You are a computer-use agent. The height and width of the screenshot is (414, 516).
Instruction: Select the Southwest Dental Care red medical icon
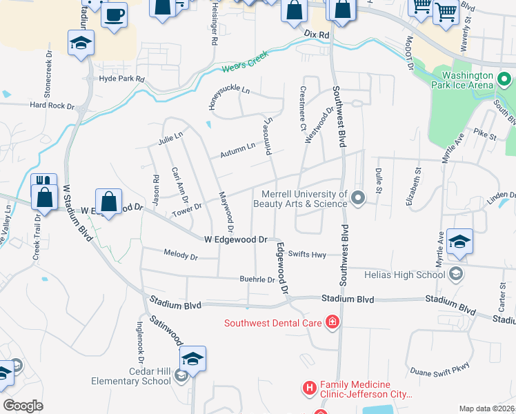click(332, 322)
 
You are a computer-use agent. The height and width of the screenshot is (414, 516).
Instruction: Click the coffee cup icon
click(115, 14)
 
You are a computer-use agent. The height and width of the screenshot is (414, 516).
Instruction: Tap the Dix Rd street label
click(317, 33)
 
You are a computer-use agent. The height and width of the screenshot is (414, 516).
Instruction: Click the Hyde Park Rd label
click(121, 79)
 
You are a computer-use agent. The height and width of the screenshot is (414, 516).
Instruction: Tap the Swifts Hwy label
click(307, 254)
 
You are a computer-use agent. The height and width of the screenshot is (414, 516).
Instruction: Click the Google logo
click(23, 406)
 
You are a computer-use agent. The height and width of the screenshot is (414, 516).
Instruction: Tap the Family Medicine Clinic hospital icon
click(309, 390)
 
